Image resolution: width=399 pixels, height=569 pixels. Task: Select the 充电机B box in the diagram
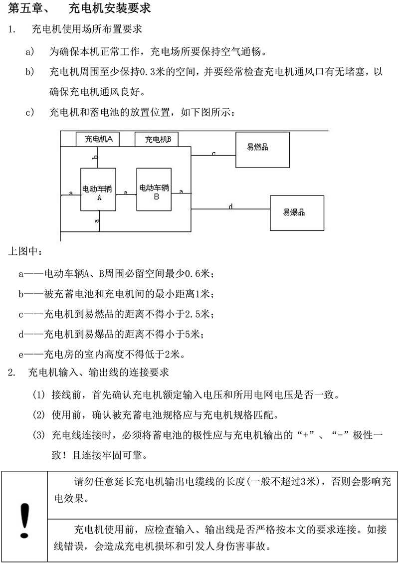[157, 140]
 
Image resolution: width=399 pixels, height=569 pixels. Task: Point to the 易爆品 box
[294, 213]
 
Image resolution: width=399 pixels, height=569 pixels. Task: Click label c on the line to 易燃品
[213, 154]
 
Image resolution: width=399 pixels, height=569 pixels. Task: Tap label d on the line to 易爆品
[230, 206]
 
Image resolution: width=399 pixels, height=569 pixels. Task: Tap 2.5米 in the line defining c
[199, 315]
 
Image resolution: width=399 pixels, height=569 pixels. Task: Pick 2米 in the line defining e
[174, 355]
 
